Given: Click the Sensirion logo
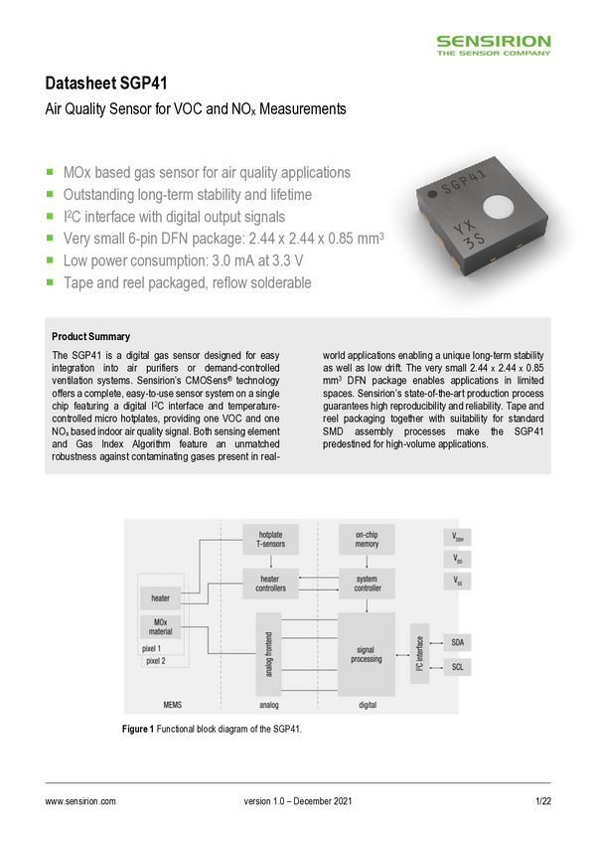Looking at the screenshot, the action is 495,45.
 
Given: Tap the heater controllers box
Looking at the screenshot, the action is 271,584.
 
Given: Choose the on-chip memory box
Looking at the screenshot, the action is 365,539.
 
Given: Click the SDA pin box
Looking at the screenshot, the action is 457,641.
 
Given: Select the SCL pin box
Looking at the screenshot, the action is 457,666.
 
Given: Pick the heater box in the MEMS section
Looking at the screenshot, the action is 160,598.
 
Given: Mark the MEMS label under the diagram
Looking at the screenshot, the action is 173,705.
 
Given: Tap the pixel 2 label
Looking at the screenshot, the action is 156,660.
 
